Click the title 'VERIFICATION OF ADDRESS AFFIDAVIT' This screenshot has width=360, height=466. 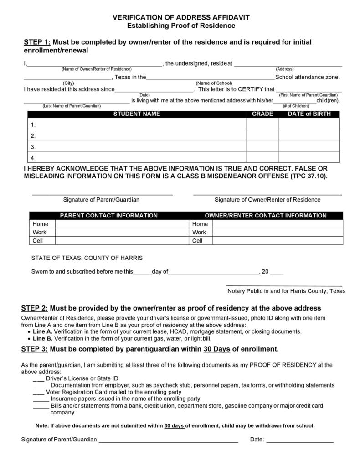coord(181,17)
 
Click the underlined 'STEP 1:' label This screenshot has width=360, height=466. coord(36,42)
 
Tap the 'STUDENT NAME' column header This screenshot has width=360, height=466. coord(136,114)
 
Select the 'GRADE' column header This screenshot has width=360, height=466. coord(262,114)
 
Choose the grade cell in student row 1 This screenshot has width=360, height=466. coord(262,124)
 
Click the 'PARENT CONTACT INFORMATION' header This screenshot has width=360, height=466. coord(109,216)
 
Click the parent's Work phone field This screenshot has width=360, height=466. coord(122,232)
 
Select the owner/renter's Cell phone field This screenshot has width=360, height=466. coord(278,240)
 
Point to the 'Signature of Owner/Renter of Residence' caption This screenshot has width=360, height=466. coord(267,199)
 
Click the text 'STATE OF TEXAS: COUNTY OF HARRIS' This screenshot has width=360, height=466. coord(87,258)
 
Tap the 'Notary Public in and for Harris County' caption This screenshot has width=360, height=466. coord(286,291)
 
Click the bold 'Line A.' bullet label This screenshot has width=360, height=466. coord(43,331)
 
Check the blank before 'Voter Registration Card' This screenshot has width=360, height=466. coord(38,392)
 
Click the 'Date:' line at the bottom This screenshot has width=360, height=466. coord(300,440)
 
